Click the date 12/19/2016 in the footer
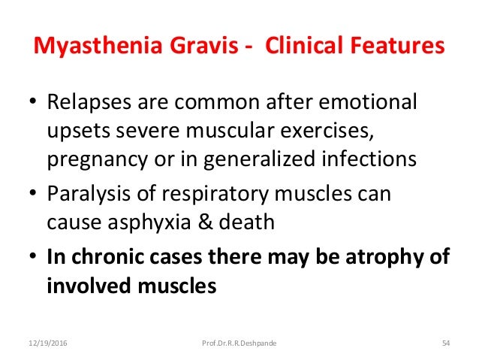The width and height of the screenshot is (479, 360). point(46,343)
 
